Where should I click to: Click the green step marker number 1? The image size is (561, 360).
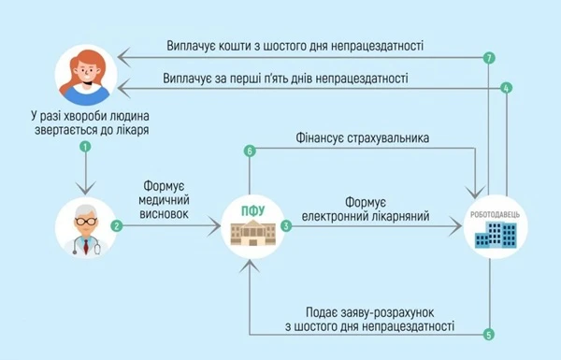[x=86, y=147]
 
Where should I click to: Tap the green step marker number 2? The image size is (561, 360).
[x=116, y=225]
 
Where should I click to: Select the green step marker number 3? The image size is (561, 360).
[x=286, y=225]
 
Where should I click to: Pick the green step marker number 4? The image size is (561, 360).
[x=506, y=89]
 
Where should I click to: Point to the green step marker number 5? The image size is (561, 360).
[x=488, y=333]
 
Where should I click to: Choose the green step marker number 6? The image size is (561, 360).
[x=250, y=151]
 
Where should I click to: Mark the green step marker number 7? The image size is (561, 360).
[x=488, y=58]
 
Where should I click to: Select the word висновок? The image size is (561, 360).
[x=165, y=213]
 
